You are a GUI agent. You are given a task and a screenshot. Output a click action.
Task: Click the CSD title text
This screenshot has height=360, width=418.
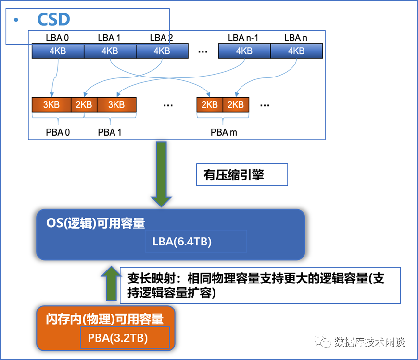53,20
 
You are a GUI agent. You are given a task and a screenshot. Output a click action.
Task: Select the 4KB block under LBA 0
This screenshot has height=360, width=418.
58,51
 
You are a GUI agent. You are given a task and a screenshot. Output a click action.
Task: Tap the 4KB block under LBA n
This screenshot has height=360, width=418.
296,51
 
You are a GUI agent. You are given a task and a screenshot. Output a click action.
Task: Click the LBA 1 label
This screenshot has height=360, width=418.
109,38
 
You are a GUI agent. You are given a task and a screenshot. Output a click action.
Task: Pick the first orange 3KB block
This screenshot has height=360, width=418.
51,105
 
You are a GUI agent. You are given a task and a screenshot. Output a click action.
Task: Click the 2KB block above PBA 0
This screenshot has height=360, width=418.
84,105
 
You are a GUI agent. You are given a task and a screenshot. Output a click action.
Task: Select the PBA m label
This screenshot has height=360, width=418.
224,132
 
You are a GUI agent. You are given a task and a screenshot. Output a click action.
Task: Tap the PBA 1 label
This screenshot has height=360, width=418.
109,132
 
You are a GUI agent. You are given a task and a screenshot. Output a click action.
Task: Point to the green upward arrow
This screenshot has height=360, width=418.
111,286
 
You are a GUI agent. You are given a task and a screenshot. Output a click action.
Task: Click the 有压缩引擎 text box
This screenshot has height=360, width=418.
241,175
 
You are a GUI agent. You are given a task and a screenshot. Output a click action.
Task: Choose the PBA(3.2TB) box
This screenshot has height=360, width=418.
125,338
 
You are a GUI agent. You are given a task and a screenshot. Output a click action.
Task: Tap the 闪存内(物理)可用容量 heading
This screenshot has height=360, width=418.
105,319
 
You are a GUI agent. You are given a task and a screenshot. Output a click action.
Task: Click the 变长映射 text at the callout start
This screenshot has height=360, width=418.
144,278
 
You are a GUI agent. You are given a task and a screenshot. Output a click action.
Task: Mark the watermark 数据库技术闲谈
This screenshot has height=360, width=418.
369,342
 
